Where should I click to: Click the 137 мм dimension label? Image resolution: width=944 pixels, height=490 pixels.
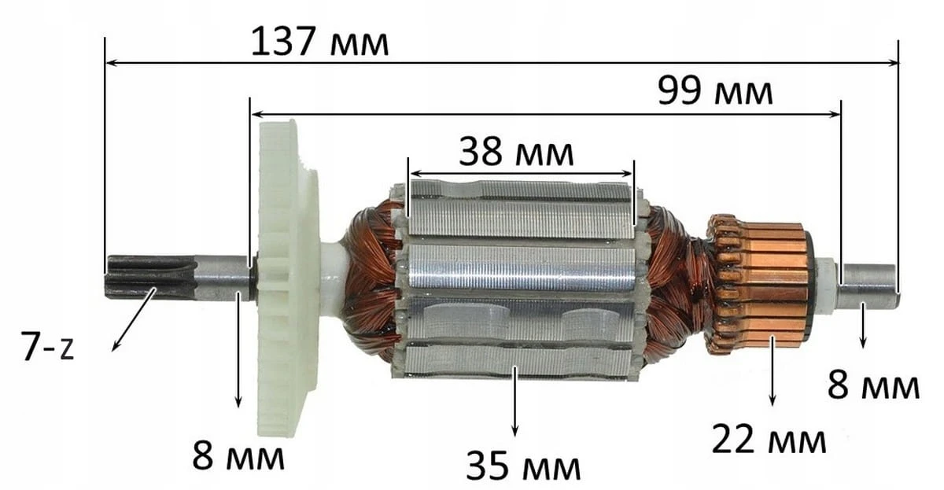coord(319,42)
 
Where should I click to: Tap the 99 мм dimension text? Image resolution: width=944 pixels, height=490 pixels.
coord(715,91)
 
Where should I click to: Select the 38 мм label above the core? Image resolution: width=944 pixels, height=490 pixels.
coord(516,152)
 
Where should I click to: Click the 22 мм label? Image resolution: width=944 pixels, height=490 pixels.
coord(769,439)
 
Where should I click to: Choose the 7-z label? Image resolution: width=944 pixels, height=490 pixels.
coord(47,347)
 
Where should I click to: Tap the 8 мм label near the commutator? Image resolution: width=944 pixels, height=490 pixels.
coord(873,385)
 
